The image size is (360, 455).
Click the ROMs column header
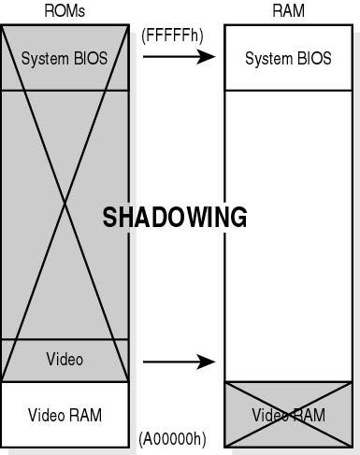click(x=65, y=9)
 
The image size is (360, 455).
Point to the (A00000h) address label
click(x=172, y=437)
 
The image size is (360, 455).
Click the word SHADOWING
click(x=175, y=218)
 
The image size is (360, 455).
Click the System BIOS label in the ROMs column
click(x=65, y=58)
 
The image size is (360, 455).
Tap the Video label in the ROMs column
click(x=65, y=359)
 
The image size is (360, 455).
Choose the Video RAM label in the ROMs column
click(x=65, y=415)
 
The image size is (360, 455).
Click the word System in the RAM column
click(x=264, y=59)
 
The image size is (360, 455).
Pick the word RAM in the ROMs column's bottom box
click(x=86, y=415)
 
